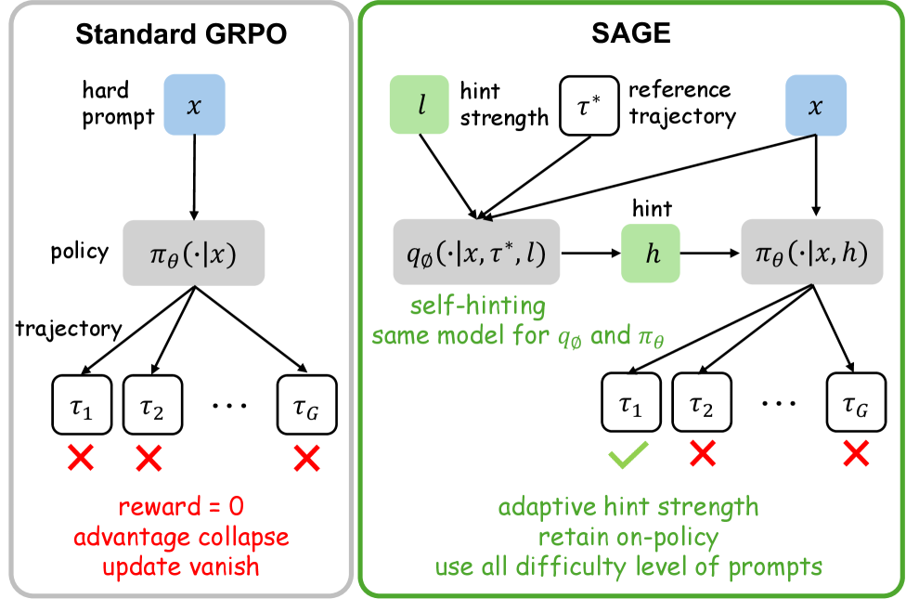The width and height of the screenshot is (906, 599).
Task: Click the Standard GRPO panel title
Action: click(x=180, y=35)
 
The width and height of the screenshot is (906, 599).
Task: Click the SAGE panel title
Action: click(x=631, y=35)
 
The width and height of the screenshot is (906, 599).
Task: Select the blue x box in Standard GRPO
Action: click(x=194, y=104)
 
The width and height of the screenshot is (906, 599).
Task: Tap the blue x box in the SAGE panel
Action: click(x=816, y=105)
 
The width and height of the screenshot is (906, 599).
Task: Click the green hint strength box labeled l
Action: click(x=421, y=105)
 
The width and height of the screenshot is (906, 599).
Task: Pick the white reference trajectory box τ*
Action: click(x=589, y=105)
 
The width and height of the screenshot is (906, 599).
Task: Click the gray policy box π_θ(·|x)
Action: click(x=194, y=253)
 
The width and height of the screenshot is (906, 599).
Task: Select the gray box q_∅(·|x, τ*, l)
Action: click(x=475, y=253)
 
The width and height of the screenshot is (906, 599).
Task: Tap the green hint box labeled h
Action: click(x=650, y=253)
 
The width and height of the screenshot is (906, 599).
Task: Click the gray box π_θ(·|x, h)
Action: click(x=815, y=253)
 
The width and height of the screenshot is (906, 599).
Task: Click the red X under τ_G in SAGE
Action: click(x=854, y=453)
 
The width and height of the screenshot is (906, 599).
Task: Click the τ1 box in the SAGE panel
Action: click(x=631, y=402)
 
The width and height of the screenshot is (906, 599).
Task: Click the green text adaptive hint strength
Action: click(x=628, y=508)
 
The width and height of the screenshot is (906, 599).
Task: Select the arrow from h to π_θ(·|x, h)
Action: click(x=709, y=253)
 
